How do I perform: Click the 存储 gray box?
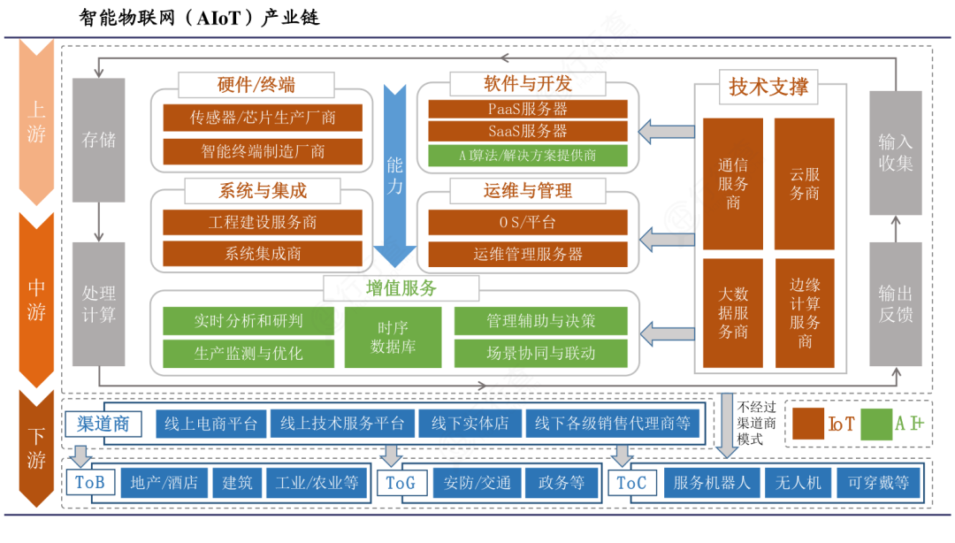pyautogui.click(x=98, y=140)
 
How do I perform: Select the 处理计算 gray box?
pyautogui.click(x=98, y=303)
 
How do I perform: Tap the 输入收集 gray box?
pyautogui.click(x=895, y=152)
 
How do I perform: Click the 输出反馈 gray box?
pyautogui.click(x=895, y=303)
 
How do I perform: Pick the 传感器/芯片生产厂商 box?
pyautogui.click(x=263, y=118)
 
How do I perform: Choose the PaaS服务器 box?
pyautogui.click(x=528, y=109)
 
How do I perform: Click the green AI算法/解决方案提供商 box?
pyautogui.click(x=528, y=156)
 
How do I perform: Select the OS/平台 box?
pyautogui.click(x=528, y=222)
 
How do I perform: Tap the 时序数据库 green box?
pyautogui.click(x=393, y=337)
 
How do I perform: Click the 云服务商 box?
pyautogui.click(x=804, y=183)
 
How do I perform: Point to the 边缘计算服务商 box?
pyautogui.click(x=804, y=314)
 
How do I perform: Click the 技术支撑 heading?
pyautogui.click(x=768, y=88)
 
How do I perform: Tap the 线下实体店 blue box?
pyautogui.click(x=470, y=424)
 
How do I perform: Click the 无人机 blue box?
pyautogui.click(x=798, y=483)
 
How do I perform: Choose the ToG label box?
pyautogui.click(x=400, y=483)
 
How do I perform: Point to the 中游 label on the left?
pyautogui.click(x=36, y=299)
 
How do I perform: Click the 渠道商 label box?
pyautogui.click(x=103, y=424)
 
